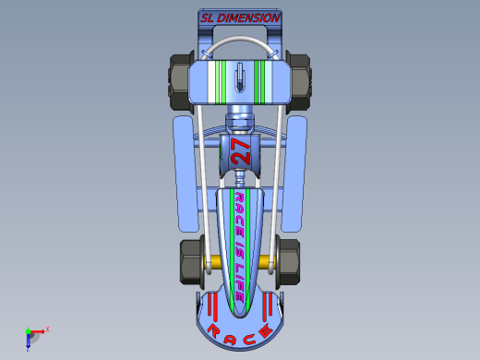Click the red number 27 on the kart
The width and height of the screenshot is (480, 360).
click(x=241, y=152)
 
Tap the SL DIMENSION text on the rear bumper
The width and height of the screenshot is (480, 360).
click(x=240, y=18)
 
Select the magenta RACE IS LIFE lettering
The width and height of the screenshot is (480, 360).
click(x=240, y=246)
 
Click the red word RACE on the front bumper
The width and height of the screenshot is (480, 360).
click(x=240, y=334)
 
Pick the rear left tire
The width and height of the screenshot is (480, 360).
click(x=180, y=82)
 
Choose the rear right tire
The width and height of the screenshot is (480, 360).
click(x=300, y=82)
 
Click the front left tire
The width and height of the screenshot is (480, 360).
click(x=190, y=262)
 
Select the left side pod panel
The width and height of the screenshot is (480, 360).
click(x=186, y=174)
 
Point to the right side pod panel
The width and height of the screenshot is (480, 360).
click(x=294, y=174)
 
